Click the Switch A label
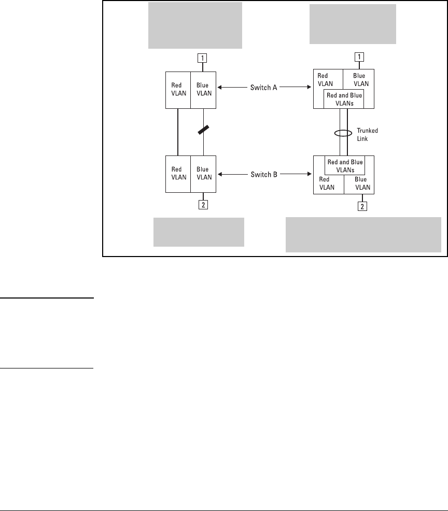pyautogui.click(x=264, y=88)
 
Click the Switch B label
pyautogui.click(x=264, y=175)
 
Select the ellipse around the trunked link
pyautogui.click(x=343, y=133)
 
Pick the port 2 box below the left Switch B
pyautogui.click(x=203, y=205)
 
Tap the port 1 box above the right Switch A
pyautogui.click(x=359, y=57)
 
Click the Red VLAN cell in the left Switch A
pyautogui.click(x=178, y=90)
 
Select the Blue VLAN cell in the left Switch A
pyautogui.click(x=203, y=90)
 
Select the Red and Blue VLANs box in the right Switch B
pyautogui.click(x=345, y=165)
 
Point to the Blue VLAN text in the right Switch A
pyautogui.click(x=359, y=79)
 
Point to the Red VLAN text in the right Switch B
pyautogui.click(x=327, y=183)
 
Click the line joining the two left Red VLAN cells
pyautogui.click(x=178, y=132)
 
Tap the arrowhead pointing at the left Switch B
pyautogui.click(x=219, y=175)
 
